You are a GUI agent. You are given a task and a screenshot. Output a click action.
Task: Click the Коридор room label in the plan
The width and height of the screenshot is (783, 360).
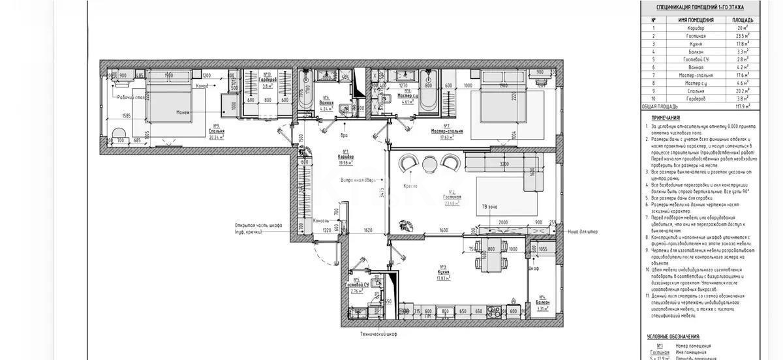click(x=346, y=157)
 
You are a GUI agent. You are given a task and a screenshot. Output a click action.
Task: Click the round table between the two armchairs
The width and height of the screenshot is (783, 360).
click(x=429, y=163)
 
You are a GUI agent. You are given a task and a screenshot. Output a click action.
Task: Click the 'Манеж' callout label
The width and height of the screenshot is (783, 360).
click(x=182, y=113)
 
